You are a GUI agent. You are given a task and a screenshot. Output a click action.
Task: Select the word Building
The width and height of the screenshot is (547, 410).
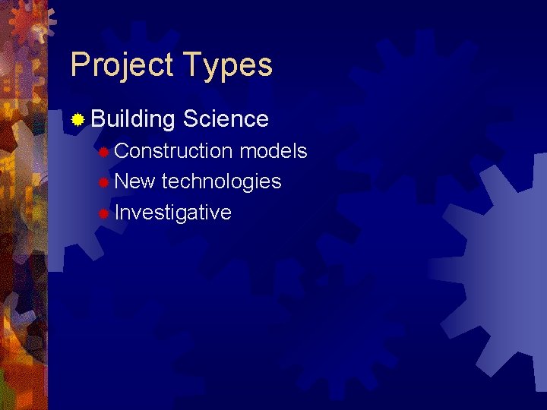click(x=132, y=119)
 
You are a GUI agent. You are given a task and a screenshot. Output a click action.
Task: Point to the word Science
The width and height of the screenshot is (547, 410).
click(x=226, y=119)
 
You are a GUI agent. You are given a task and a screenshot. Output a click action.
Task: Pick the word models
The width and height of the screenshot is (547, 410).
click(x=273, y=151)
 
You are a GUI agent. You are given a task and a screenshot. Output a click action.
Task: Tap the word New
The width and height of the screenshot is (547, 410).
click(x=135, y=181)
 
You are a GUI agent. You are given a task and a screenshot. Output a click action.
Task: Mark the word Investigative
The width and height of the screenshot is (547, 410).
click(x=173, y=213)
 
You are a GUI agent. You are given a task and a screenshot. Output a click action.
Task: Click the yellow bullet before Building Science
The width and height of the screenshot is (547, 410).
click(x=77, y=119)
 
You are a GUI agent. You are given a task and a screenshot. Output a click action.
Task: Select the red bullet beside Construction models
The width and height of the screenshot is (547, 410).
click(x=103, y=152)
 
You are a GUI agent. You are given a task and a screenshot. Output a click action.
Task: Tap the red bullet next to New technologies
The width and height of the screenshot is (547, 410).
click(x=103, y=182)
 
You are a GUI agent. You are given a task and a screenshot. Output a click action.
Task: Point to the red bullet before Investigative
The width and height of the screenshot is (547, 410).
click(x=103, y=213)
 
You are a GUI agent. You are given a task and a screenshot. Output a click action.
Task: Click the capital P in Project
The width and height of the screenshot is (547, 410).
click(x=79, y=65)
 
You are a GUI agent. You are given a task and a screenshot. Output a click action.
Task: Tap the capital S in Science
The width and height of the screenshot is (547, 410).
click(x=190, y=119)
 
